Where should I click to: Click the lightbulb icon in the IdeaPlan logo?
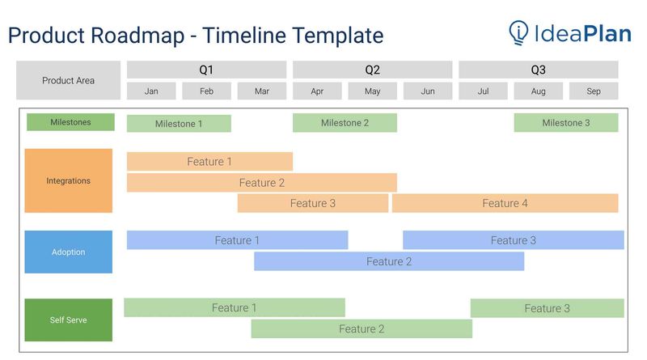point(518,32)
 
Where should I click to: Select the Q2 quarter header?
point(372,70)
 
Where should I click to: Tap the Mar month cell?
point(261,91)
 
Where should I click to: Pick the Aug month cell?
point(538,91)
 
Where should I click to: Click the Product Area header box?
point(68,81)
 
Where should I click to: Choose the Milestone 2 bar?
point(345,123)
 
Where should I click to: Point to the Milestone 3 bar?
point(565,123)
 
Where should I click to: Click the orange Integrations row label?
point(68,180)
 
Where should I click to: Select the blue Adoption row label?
point(68,252)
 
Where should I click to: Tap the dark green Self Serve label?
point(68,320)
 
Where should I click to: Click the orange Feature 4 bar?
point(505,203)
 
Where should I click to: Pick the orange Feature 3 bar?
point(312,203)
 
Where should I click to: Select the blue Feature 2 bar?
point(389,261)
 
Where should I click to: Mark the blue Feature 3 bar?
point(513,240)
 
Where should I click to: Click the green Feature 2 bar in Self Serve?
point(362,328)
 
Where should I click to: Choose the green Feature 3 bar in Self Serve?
point(547,308)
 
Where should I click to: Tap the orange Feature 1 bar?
point(209,162)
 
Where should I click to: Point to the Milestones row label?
point(70,122)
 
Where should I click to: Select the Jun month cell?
point(428,91)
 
